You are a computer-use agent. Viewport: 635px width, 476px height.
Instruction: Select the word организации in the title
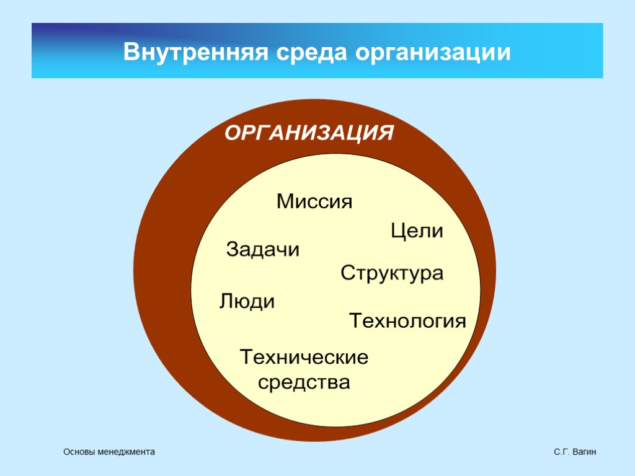[433, 53]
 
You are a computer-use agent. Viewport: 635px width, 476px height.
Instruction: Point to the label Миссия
[314, 201]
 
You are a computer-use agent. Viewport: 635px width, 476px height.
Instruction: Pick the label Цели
[417, 232]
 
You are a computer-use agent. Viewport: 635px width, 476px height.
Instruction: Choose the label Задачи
[263, 250]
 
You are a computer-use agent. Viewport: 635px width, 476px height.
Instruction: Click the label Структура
[393, 273]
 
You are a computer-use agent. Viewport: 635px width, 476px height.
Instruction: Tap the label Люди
[247, 302]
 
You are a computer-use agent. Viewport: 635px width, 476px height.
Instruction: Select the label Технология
[407, 321]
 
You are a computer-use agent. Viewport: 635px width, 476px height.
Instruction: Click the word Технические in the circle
[304, 357]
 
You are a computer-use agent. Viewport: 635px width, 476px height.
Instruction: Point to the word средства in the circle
[304, 382]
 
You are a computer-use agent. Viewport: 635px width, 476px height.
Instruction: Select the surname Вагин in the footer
[584, 453]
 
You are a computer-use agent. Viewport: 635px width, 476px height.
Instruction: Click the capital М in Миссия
[285, 201]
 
